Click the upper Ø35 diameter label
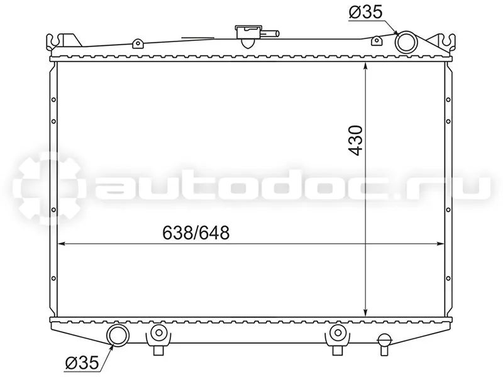[365, 12]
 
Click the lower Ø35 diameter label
[82, 363]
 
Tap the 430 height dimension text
[357, 140]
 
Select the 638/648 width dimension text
[196, 232]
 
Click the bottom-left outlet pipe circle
[118, 335]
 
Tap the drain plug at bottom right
[385, 344]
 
